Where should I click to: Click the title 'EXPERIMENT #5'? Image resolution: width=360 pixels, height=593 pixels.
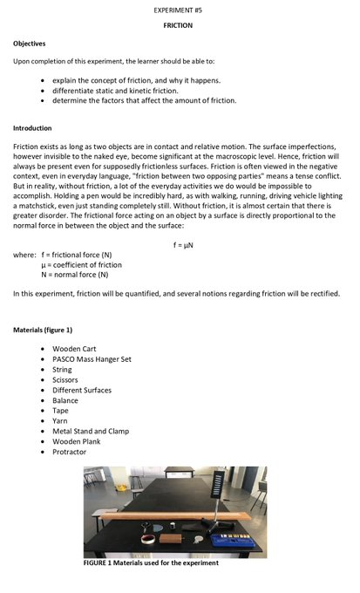point(178,9)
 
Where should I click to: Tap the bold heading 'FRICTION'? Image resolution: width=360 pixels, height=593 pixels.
point(178,25)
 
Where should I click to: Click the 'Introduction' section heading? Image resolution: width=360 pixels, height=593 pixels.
point(32,127)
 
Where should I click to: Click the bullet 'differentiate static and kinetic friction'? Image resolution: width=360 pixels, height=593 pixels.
point(136,90)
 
